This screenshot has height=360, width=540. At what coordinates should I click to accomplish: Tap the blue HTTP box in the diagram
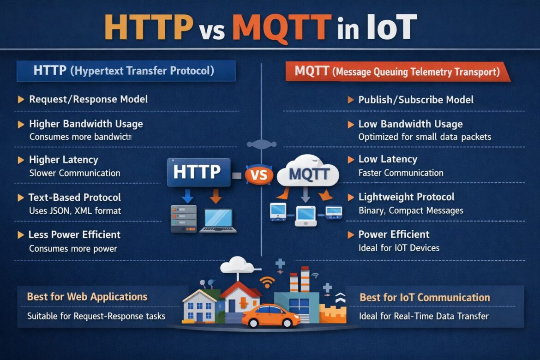199,172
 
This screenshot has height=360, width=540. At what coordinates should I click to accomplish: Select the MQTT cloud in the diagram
309,173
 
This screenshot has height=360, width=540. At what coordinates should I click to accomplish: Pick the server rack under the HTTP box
180,219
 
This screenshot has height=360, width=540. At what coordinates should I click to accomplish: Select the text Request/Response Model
88,99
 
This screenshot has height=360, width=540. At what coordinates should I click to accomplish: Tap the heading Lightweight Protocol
406,197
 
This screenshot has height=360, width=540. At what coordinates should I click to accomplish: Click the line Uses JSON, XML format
75,211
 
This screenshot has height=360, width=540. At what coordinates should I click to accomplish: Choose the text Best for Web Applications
87,297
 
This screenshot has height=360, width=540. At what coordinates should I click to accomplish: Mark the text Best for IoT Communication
425,298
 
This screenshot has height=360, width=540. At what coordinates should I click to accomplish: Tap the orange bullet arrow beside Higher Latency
21,160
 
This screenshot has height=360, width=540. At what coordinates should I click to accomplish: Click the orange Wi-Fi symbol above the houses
267,282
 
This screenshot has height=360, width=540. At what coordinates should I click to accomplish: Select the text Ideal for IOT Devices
399,248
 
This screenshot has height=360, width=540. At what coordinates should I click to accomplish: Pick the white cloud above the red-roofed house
237,265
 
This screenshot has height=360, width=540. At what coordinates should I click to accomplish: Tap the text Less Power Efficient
74,234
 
